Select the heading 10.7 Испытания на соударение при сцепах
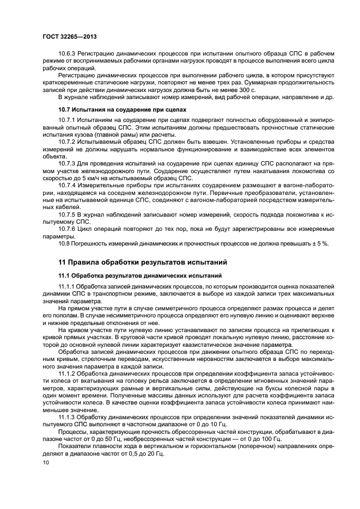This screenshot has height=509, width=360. (122, 109)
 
